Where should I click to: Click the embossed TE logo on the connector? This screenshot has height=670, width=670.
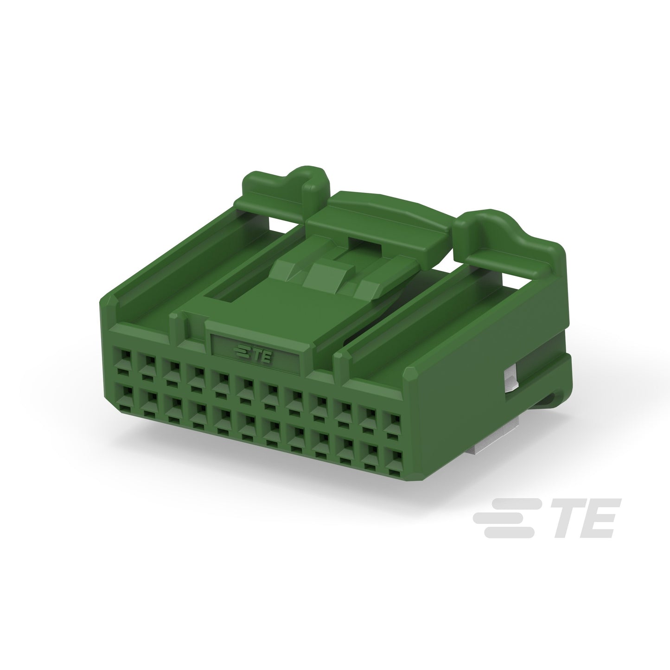point(253,354)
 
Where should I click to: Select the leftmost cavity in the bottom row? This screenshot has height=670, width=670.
point(124,397)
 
